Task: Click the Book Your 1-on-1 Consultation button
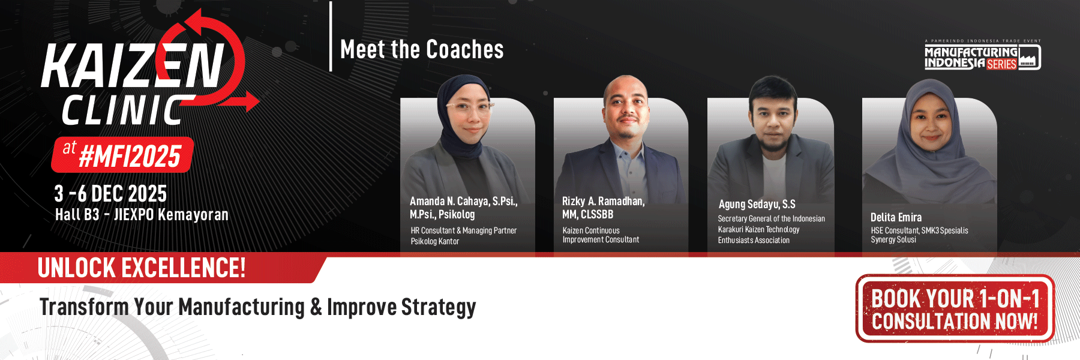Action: click(955, 308)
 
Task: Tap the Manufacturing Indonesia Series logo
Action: click(982, 56)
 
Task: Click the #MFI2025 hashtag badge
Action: click(123, 155)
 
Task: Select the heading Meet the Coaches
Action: click(422, 50)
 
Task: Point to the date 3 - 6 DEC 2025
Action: click(110, 194)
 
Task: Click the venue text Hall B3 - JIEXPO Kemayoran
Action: click(142, 215)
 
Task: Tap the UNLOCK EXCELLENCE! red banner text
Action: click(142, 268)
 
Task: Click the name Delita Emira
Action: click(896, 217)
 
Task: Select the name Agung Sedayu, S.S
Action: click(757, 205)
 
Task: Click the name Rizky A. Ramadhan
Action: click(603, 202)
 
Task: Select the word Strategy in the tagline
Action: click(439, 307)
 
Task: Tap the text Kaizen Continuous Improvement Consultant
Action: click(601, 235)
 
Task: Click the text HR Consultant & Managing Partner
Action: click(464, 230)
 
